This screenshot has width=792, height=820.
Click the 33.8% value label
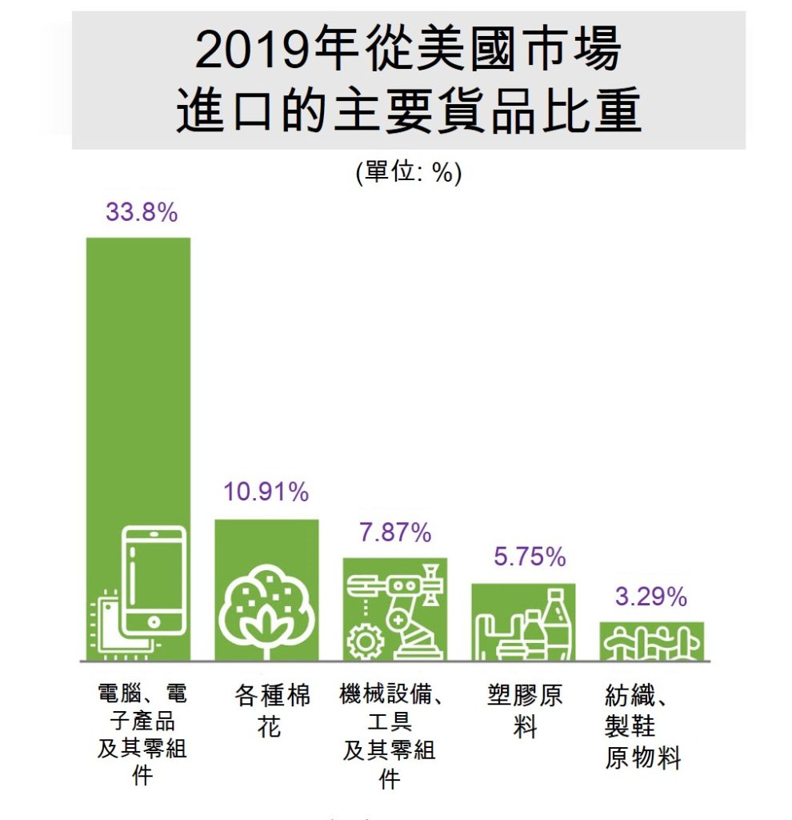141,214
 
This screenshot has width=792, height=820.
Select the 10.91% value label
266,492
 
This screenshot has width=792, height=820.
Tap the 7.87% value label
395,533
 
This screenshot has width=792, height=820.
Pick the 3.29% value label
651,597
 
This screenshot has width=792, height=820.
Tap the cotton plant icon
267,601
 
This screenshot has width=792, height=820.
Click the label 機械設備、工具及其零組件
391,735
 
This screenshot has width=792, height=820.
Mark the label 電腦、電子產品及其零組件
142,734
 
